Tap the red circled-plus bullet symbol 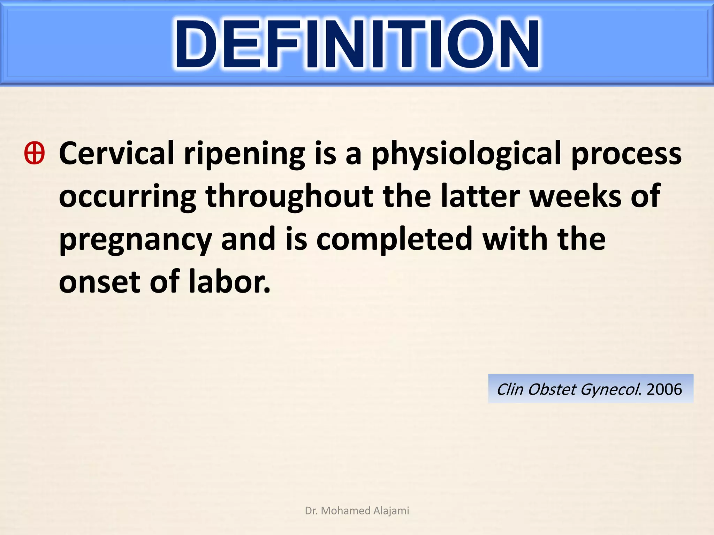click(x=35, y=153)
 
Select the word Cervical click(x=116, y=153)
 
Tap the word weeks click(x=575, y=196)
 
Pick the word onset click(x=99, y=282)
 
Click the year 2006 click(x=664, y=389)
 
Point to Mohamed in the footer click(x=345, y=511)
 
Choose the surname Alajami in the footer click(x=391, y=511)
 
